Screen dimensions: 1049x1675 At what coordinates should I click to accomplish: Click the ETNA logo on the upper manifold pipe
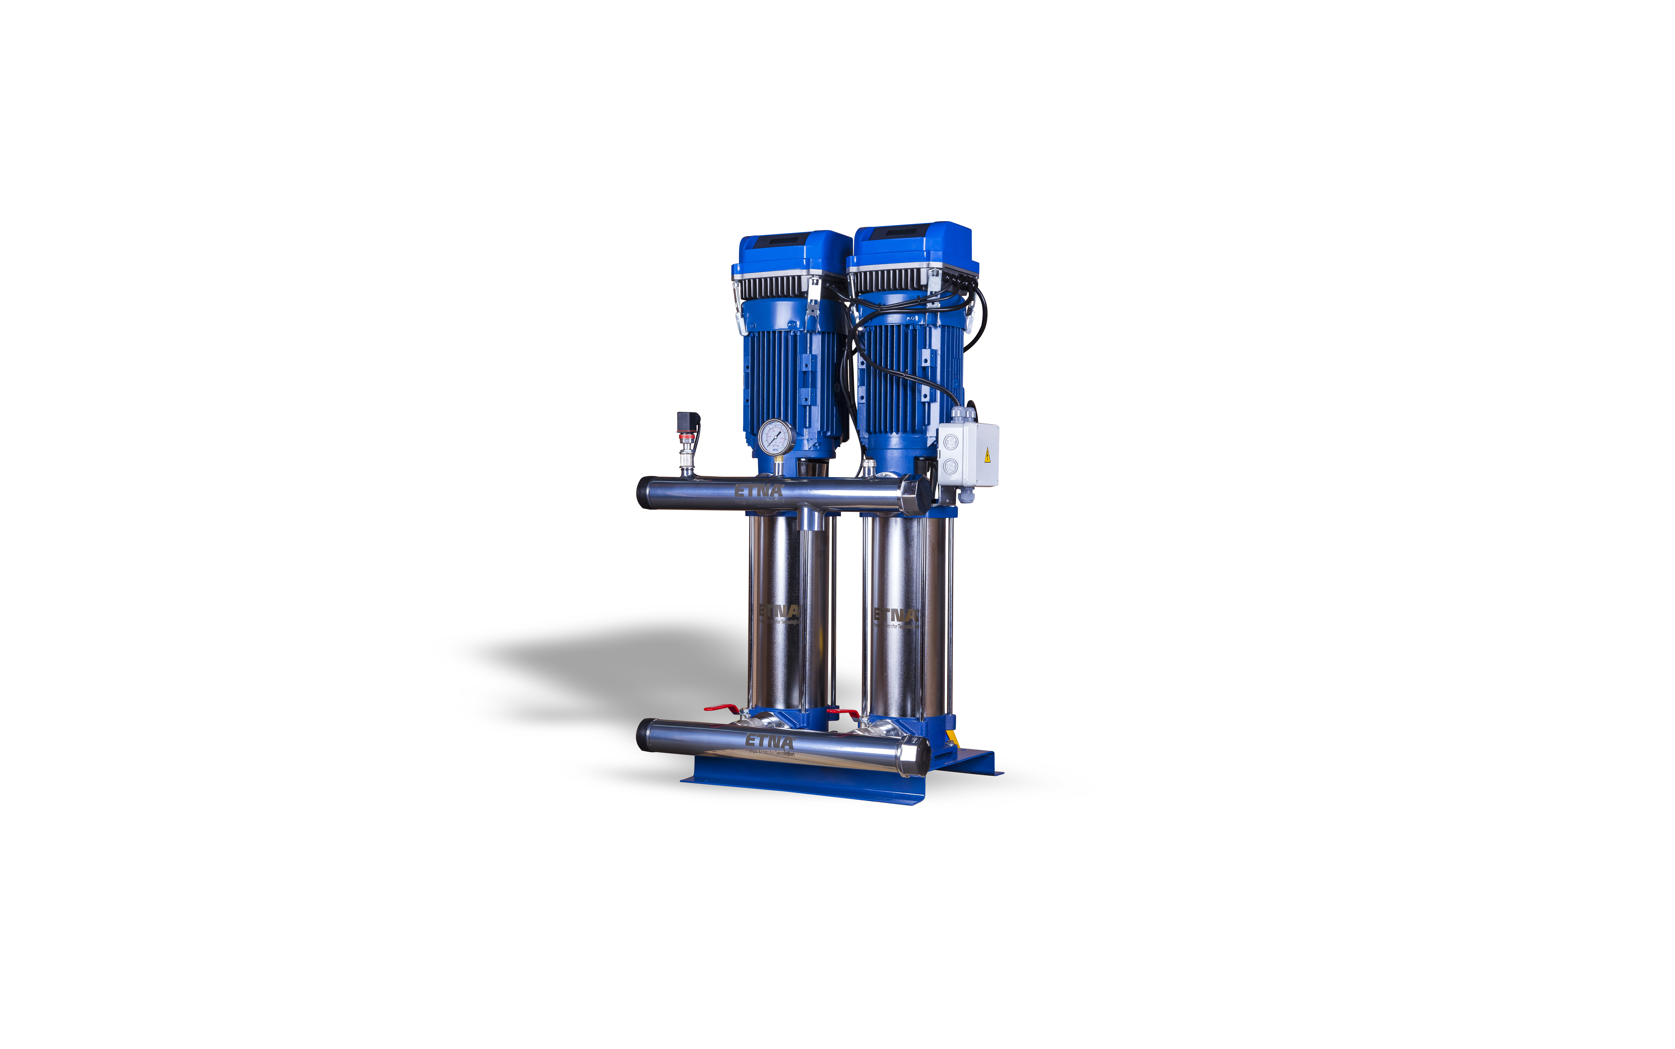pyautogui.click(x=759, y=491)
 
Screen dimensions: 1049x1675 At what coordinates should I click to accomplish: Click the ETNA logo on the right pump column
pyautogui.click(x=895, y=615)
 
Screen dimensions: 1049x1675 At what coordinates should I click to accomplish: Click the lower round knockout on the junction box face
pyautogui.click(x=949, y=466)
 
